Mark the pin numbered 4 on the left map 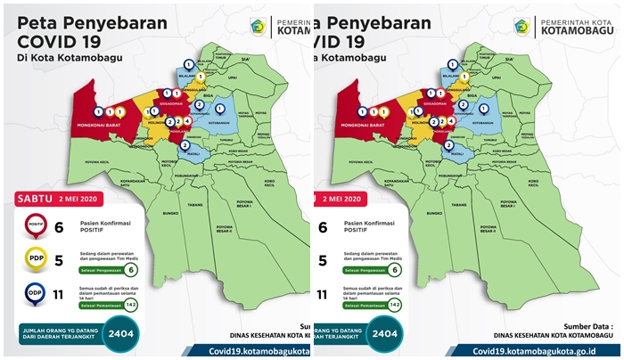point(187,120)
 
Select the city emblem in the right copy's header point(521,27)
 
